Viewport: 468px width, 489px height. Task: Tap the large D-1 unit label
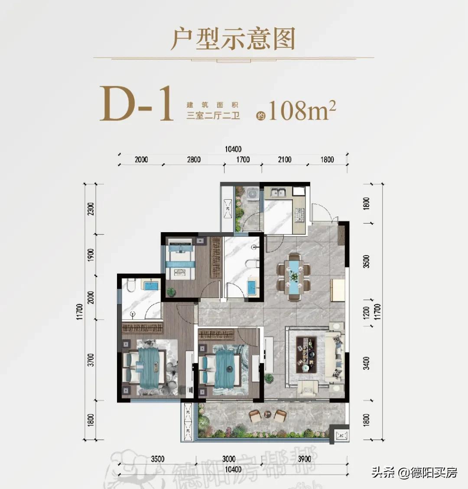[136, 104]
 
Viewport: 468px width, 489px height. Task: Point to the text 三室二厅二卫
[213, 116]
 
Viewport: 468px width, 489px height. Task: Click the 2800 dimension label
[194, 159]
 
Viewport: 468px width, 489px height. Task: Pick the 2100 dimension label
[284, 159]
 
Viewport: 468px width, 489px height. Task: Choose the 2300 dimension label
[91, 209]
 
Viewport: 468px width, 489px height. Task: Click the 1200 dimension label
[367, 312]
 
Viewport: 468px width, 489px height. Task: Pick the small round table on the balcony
[267, 415]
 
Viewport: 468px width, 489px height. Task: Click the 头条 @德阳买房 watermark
[414, 472]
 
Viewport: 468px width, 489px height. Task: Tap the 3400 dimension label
[367, 363]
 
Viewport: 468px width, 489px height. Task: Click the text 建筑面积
[213, 105]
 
